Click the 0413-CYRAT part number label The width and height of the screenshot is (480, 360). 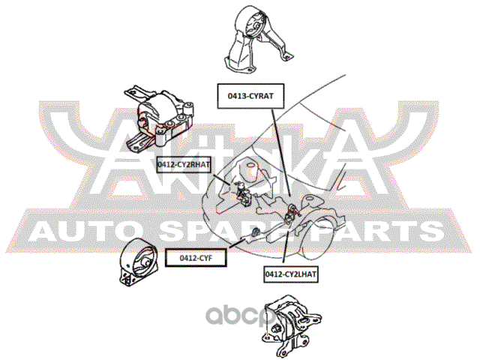tap(250, 94)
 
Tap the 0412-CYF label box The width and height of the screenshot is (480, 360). tap(197, 258)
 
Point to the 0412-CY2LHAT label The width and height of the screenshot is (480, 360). tap(291, 275)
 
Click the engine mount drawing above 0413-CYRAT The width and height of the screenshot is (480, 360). tap(255, 41)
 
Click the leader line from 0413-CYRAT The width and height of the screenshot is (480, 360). tap(277, 150)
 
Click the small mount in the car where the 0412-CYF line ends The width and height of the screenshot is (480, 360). tap(255, 232)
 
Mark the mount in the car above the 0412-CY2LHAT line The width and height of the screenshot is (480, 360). tap(292, 215)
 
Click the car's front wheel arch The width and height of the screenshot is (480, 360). tap(330, 225)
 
